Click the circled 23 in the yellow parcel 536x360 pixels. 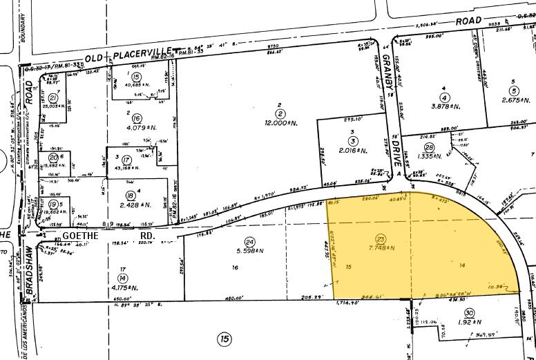(381, 237)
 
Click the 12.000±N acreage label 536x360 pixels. (280, 124)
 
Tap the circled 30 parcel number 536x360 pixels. (469, 312)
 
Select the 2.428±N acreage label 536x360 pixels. (130, 205)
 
